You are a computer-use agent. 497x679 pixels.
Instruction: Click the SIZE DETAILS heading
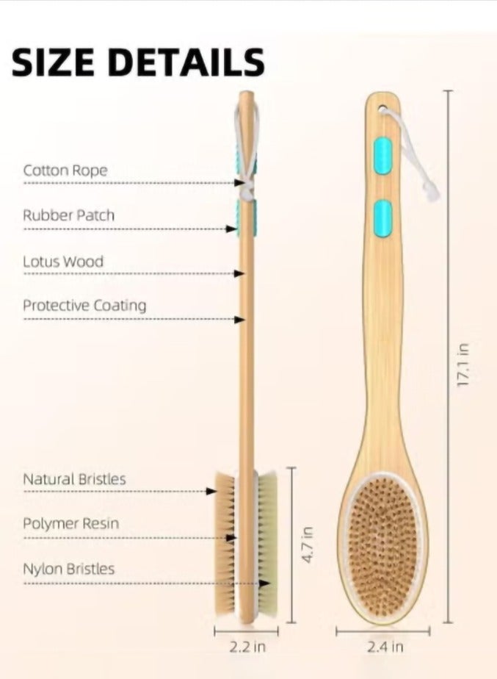[x=138, y=62]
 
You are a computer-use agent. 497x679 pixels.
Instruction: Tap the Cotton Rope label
[x=65, y=170]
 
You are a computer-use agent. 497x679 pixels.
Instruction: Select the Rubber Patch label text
[x=68, y=215]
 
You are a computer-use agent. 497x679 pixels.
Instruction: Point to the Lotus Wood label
[x=63, y=262]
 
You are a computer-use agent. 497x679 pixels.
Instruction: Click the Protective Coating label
[x=84, y=306]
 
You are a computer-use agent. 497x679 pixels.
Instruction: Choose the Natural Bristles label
[x=74, y=479]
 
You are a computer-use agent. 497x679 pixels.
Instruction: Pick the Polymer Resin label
[x=70, y=523]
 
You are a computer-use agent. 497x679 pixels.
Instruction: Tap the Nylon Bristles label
[x=68, y=569]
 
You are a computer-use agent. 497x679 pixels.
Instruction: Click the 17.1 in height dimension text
[x=462, y=364]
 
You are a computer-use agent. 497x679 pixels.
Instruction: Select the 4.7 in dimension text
[x=307, y=545]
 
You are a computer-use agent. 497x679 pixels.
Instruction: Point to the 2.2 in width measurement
[x=247, y=647]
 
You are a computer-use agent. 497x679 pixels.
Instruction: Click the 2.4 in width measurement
[x=385, y=647]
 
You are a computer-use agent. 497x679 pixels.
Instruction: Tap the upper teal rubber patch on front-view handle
[x=383, y=156]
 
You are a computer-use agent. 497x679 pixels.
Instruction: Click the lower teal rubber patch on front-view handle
[x=383, y=218]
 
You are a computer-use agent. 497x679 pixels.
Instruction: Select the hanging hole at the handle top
[x=382, y=108]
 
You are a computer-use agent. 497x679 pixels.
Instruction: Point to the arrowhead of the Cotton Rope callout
[x=239, y=183]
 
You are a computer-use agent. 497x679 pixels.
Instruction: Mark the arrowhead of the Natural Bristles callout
[x=211, y=491]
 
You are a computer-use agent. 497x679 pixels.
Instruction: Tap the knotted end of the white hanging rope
[x=432, y=192]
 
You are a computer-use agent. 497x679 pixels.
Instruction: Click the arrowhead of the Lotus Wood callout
[x=239, y=273]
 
